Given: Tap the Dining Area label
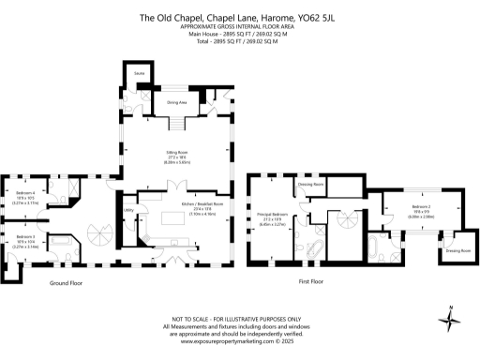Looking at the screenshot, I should [x=176, y=102].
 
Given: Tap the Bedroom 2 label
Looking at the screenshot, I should [x=420, y=209].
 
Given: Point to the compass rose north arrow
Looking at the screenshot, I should [x=455, y=321].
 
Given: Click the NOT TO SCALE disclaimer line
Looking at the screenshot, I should [x=239, y=319].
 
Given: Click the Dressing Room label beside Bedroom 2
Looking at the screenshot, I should [x=457, y=251].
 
